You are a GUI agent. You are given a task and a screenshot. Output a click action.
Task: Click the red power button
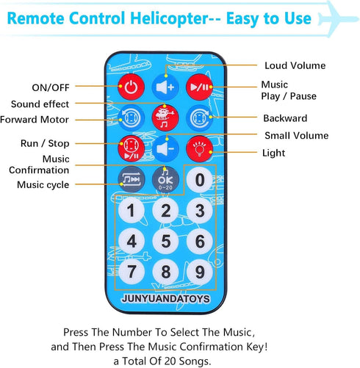coord(131,87)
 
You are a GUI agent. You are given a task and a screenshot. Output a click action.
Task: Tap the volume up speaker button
coord(165,87)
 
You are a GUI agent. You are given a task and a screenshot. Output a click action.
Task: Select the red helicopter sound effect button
coord(165,118)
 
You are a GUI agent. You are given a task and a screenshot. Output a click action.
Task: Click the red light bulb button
coord(200,148)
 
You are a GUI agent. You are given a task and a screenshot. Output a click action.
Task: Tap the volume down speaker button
coord(165,148)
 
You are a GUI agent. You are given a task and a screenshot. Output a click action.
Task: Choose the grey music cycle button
coord(132,179)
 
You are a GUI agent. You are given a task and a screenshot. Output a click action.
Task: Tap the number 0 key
coord(200,180)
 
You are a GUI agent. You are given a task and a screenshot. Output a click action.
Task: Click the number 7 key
coord(132,272)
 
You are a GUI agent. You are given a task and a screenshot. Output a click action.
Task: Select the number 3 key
coord(200,210)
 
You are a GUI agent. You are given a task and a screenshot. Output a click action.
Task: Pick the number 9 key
coord(200,272)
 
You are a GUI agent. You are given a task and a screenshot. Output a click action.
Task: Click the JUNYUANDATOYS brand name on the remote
coord(166,299)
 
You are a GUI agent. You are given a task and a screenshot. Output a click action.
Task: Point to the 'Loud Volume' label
coord(295,65)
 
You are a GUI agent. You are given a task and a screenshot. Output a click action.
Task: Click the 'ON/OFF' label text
coord(51,87)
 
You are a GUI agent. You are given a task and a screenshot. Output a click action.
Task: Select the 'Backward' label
coord(285,118)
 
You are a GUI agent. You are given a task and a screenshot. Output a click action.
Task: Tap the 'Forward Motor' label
coord(35,120)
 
